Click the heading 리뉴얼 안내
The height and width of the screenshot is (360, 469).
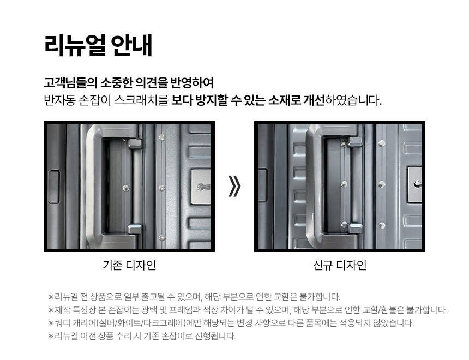(98, 45)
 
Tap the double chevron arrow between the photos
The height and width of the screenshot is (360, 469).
(234, 186)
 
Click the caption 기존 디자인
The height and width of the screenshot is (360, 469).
(129, 265)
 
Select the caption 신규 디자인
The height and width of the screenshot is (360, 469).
(340, 265)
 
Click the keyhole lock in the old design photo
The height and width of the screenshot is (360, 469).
(201, 187)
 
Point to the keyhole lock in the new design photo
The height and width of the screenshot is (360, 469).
(416, 184)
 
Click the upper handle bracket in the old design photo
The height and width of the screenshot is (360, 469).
(135, 143)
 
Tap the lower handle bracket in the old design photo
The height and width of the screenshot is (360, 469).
(135, 229)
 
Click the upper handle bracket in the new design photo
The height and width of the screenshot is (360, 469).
(356, 142)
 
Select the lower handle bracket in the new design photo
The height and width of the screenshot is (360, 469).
(356, 228)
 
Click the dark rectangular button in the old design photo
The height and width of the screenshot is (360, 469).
(54, 187)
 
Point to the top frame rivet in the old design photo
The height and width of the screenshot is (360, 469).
(161, 137)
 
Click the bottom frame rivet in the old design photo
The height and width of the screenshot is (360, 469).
(161, 238)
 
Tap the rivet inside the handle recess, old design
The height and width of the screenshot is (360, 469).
(125, 188)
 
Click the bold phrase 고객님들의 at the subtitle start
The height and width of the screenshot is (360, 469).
(70, 82)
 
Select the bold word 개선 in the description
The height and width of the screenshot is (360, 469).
(314, 100)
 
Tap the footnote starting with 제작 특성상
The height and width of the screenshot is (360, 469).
(248, 310)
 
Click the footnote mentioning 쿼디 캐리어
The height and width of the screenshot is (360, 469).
(231, 323)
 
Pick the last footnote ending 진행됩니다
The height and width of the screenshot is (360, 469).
(142, 336)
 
